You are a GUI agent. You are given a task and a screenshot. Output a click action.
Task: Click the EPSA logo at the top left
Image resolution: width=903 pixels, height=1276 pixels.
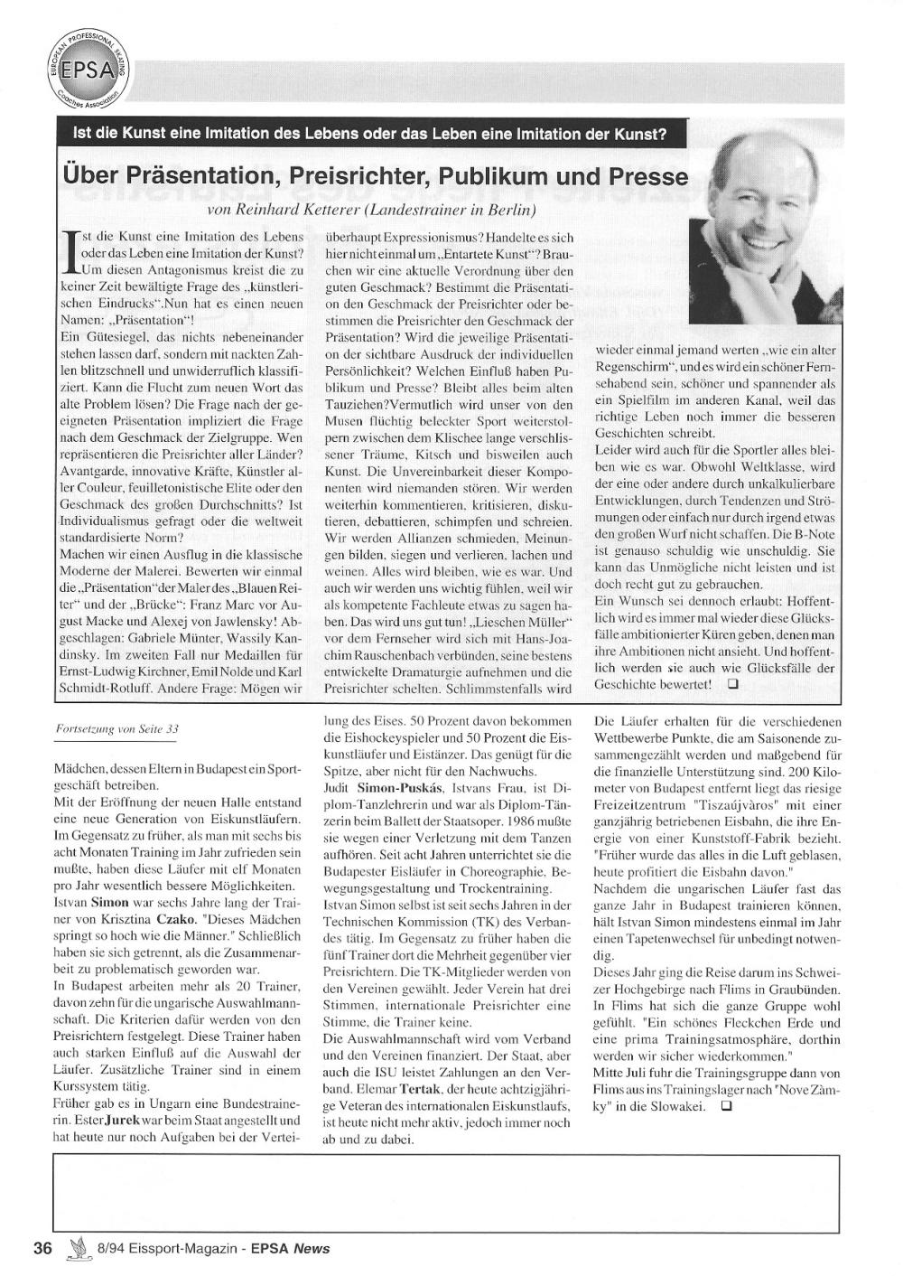tap(87, 70)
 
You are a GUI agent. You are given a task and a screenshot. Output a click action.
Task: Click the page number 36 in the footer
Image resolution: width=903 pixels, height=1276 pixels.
tap(42, 1248)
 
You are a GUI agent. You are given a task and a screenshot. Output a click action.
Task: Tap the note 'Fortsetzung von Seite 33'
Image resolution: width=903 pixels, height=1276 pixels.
tap(123, 728)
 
